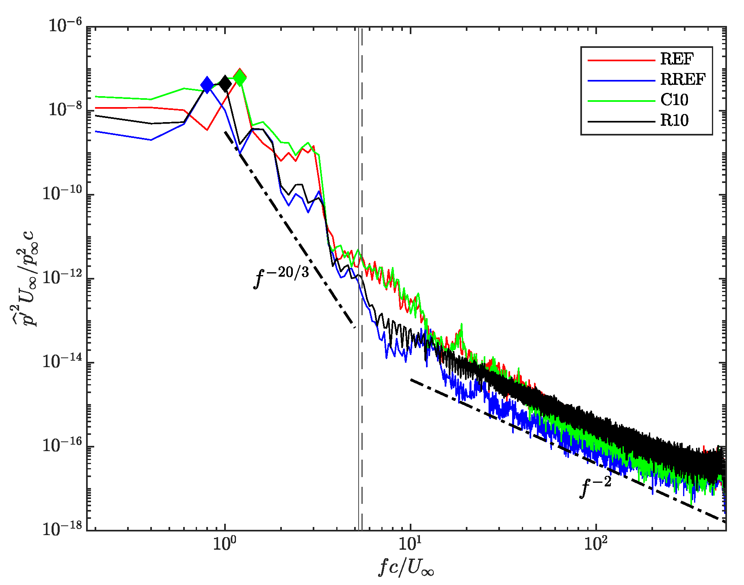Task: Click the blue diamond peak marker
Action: click(207, 85)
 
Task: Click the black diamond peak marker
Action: click(225, 84)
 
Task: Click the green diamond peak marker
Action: click(240, 78)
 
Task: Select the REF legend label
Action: click(677, 60)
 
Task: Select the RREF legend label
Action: click(683, 80)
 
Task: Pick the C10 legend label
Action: click(674, 100)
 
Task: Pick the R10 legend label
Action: click(674, 120)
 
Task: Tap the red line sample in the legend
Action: click(621, 60)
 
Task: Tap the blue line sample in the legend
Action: click(621, 81)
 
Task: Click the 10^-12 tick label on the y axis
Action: click(63, 278)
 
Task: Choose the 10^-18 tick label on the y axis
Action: click(63, 529)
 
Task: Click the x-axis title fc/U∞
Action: click(406, 567)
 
